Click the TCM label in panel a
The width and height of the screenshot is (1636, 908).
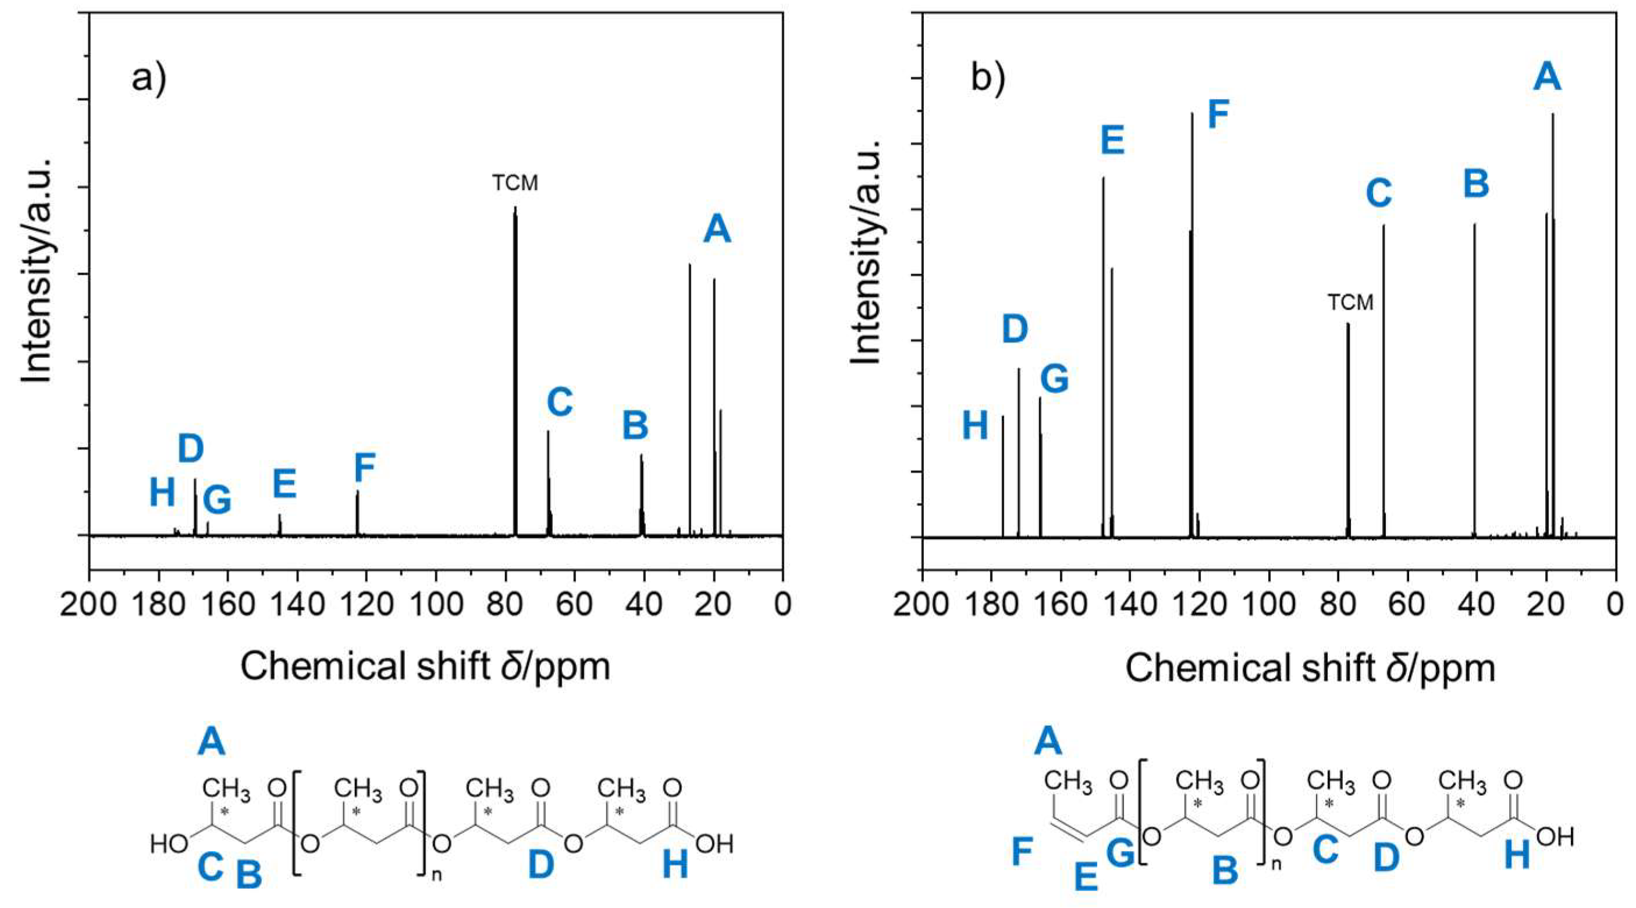point(515,183)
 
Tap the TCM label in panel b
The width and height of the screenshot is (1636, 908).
point(1350,302)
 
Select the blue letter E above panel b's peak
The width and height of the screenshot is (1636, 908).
point(1112,140)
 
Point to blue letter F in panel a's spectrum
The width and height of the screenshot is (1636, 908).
point(365,469)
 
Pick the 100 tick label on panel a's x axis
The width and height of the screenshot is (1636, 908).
point(436,603)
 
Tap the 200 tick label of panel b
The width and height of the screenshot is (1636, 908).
point(922,603)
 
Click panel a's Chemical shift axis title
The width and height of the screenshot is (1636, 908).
point(425,666)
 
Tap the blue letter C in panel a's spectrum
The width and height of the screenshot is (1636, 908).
point(560,402)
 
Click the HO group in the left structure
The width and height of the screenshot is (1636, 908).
point(169,845)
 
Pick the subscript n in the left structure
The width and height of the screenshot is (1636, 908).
point(436,875)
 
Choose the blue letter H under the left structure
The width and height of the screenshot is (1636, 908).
point(675,865)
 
